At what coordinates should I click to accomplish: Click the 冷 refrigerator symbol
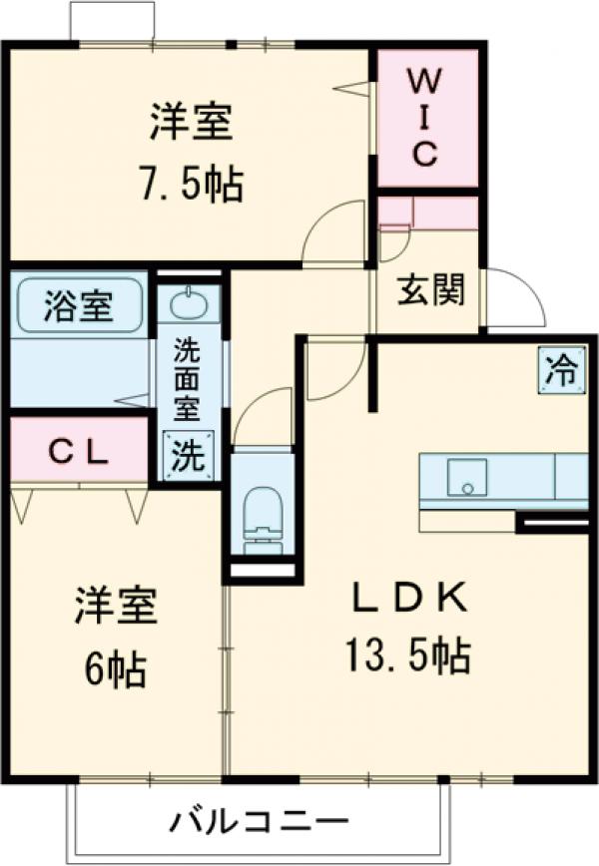561,369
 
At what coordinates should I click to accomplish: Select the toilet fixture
263,514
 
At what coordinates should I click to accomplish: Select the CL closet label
79,452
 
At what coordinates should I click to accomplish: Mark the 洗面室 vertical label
188,378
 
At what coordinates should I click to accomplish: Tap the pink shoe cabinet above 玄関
429,213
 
